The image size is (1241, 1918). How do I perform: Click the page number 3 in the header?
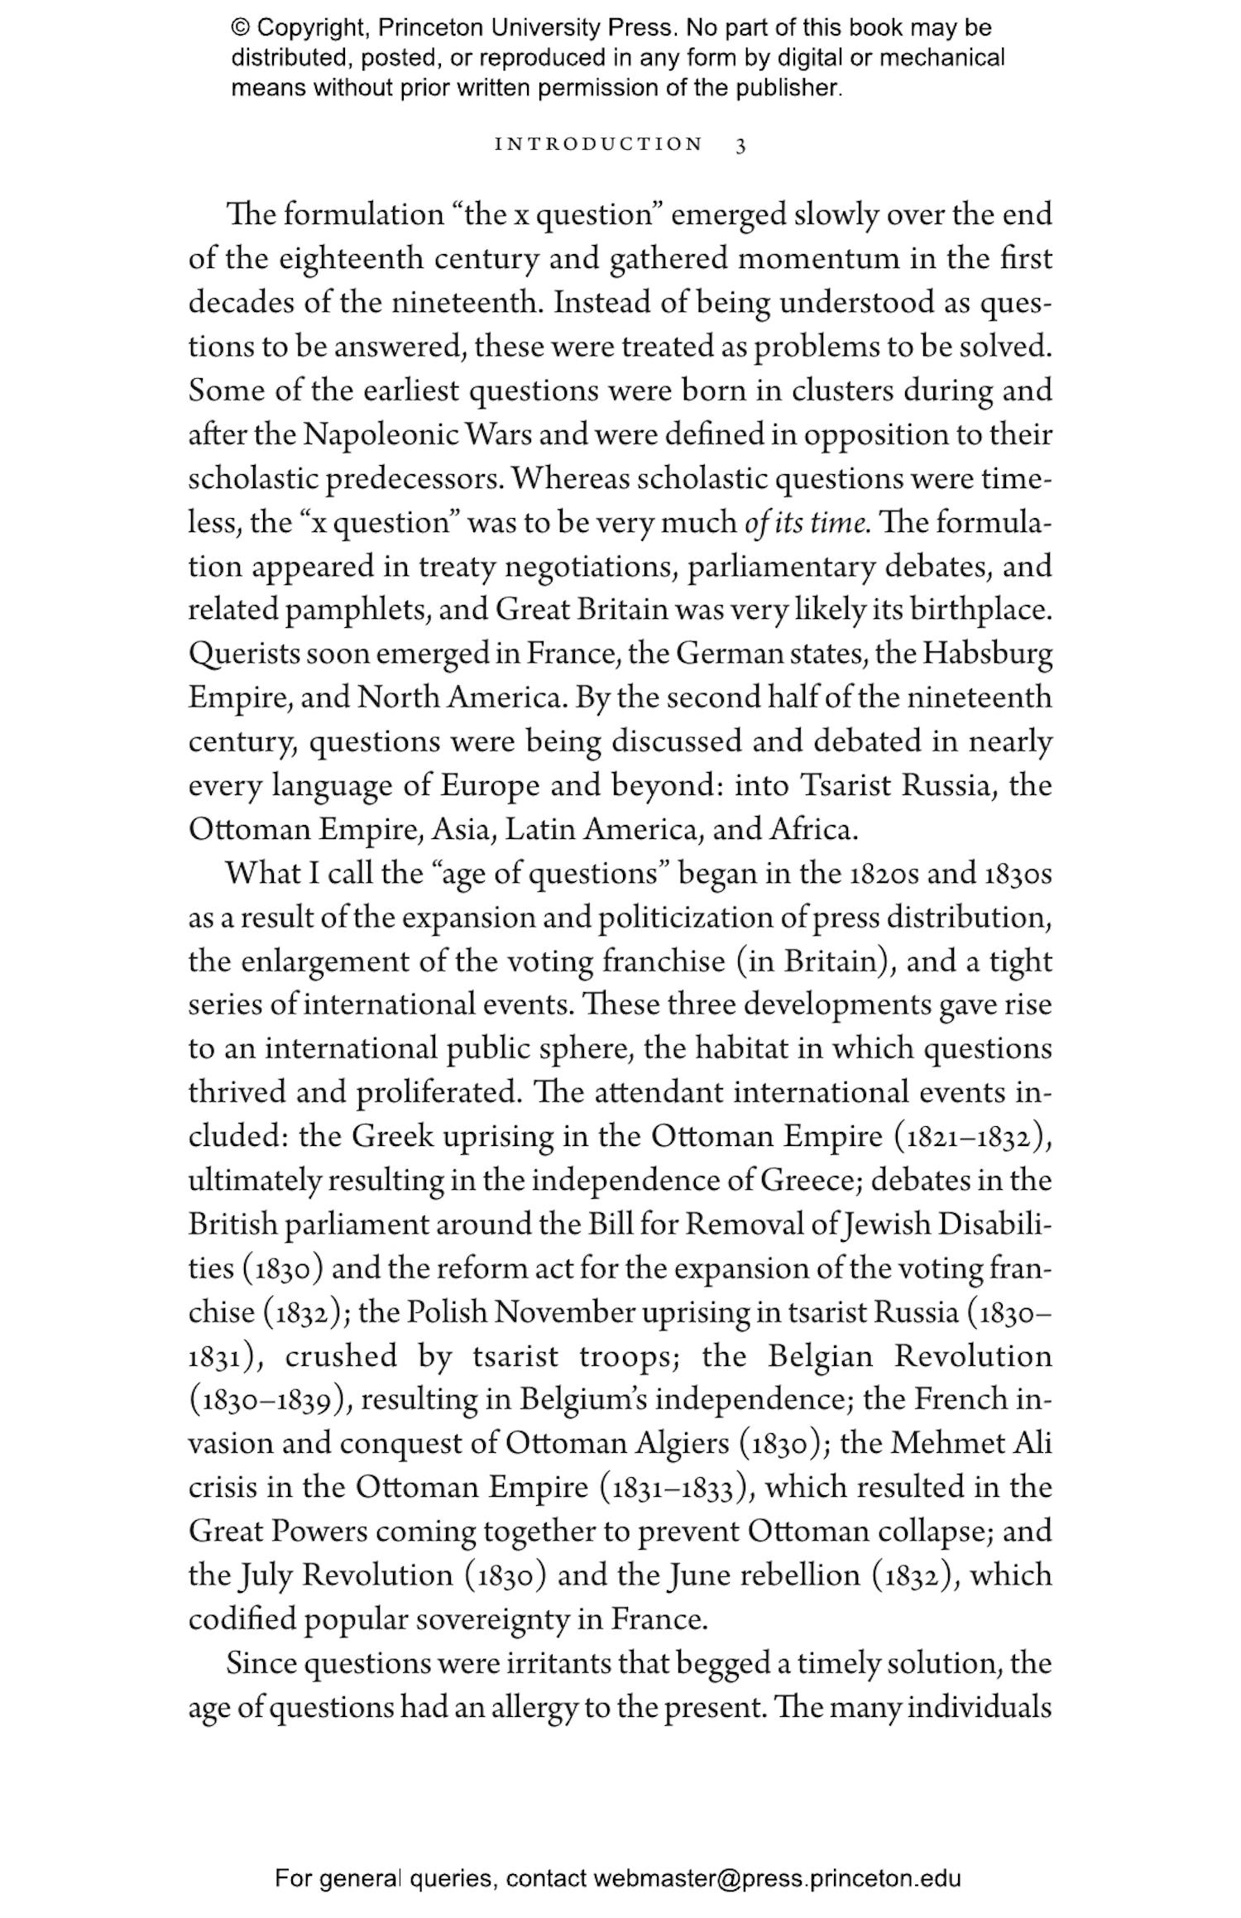[x=740, y=145]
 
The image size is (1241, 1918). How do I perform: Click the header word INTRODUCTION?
[x=598, y=145]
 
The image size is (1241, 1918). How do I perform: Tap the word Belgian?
[x=820, y=1356]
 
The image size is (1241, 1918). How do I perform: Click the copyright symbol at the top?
[x=240, y=28]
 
